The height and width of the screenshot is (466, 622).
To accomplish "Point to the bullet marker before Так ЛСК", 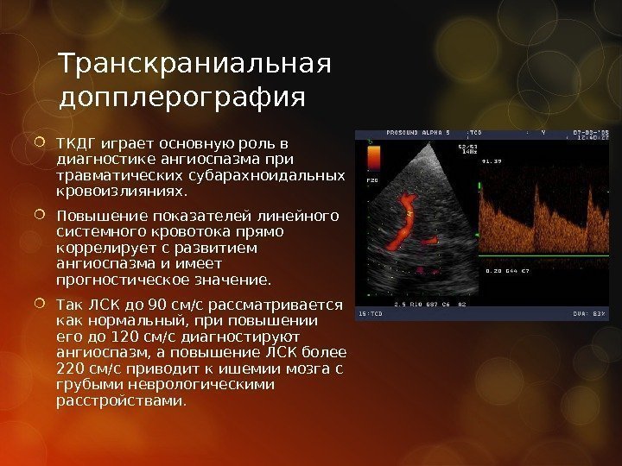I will coord(43,305).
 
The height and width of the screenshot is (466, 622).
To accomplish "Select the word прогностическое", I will coord(117,280).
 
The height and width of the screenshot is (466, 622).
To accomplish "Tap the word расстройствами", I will coord(120,402).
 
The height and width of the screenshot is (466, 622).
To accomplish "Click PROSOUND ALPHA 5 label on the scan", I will coord(418,135).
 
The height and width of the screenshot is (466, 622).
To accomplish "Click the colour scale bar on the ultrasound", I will coord(374,161).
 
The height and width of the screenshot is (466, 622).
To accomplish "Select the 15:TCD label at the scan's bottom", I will coord(371,314).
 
